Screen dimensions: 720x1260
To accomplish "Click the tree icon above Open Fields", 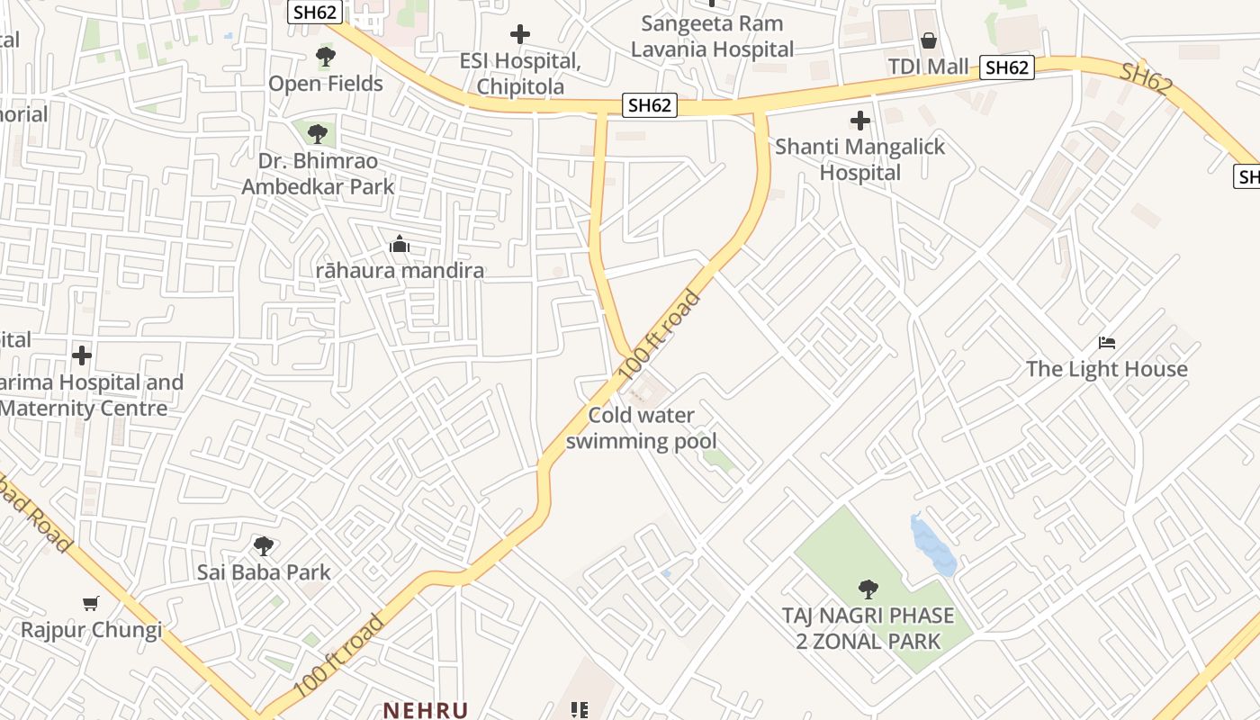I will point(326,58).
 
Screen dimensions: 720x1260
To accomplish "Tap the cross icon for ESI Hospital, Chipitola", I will point(520,35).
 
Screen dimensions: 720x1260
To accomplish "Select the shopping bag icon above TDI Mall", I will point(929,40).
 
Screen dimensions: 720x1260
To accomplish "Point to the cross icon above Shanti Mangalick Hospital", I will point(860,120).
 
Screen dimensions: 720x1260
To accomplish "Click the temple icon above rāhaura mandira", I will point(400,244).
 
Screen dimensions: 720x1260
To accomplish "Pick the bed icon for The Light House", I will point(1107,343).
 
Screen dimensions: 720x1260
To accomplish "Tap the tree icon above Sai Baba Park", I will point(264,545).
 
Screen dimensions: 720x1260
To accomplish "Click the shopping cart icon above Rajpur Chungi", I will point(90,603).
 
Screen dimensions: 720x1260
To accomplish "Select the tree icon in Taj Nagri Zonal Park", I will point(868,589).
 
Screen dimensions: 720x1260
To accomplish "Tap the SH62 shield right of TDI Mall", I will point(1006,67).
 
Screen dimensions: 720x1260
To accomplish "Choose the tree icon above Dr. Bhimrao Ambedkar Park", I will point(317,135).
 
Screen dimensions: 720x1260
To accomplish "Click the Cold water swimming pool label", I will point(642,428).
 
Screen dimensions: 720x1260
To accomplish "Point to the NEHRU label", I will point(427,710).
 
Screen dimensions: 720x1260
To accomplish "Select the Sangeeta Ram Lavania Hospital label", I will point(712,36).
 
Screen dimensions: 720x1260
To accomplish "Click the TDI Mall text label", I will point(928,67).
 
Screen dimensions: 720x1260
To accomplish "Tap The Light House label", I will point(1107,369).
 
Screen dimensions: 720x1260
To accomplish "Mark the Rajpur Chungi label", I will point(92,629).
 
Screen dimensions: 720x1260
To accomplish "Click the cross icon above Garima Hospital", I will point(82,355).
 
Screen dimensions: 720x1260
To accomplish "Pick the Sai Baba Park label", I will point(264,572).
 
